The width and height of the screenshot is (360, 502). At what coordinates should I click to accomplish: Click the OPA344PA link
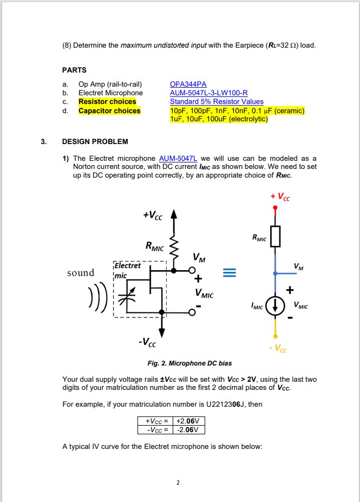pyautogui.click(x=188, y=84)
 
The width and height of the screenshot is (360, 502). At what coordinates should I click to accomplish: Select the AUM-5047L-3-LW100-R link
pyautogui.click(x=208, y=93)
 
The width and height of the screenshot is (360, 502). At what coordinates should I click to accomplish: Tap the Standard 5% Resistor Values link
pyautogui.click(x=217, y=102)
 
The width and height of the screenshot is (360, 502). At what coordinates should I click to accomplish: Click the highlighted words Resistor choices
pyautogui.click(x=107, y=102)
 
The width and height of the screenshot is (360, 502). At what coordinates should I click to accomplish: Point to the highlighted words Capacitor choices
pyautogui.click(x=109, y=110)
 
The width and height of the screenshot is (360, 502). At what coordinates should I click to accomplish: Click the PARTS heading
pyautogui.click(x=74, y=70)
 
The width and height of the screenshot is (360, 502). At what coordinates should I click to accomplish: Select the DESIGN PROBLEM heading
pyautogui.click(x=95, y=142)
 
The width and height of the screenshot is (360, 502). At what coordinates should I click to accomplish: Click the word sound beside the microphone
pyautogui.click(x=81, y=272)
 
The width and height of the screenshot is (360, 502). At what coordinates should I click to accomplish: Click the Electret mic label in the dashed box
pyautogui.click(x=127, y=270)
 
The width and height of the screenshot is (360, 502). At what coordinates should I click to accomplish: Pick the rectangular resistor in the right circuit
pyautogui.click(x=276, y=236)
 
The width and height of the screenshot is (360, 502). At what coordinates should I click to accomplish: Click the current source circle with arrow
pyautogui.click(x=276, y=306)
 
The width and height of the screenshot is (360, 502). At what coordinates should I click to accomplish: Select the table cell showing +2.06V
pyautogui.click(x=188, y=421)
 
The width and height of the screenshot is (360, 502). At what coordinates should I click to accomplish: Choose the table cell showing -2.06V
pyautogui.click(x=188, y=429)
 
